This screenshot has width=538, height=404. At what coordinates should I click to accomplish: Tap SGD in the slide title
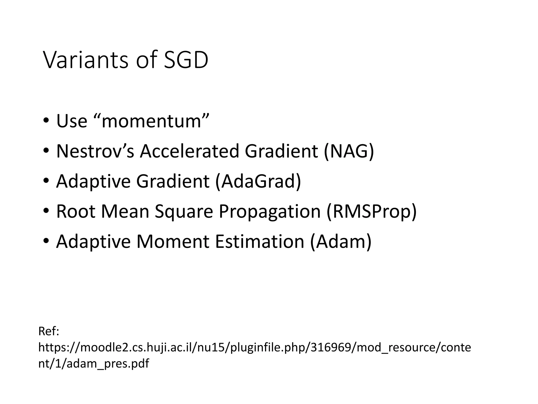[x=186, y=60]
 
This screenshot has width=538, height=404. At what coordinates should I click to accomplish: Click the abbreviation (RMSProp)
[x=371, y=212]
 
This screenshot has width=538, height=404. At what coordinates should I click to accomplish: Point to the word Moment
[x=173, y=241]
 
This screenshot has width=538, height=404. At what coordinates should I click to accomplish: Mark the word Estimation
[x=260, y=241]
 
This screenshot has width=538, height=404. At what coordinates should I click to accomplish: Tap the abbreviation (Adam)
[x=341, y=241]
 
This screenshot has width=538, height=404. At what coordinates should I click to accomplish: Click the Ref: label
[x=49, y=331]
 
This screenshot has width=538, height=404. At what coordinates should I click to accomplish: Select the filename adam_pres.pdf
[x=108, y=364]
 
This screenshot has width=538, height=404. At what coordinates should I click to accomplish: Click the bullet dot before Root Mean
[x=46, y=211]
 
